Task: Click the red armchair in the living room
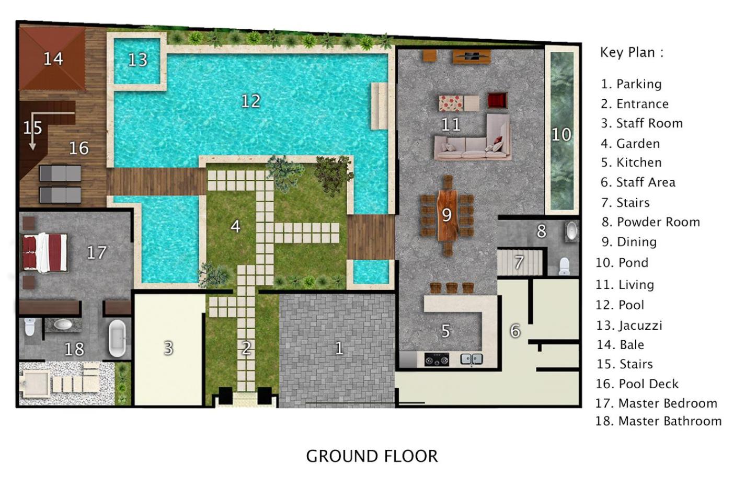(498, 100)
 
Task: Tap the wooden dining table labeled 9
(448, 215)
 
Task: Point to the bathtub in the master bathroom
(118, 339)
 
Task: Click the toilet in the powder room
(565, 266)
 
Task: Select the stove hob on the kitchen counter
(437, 359)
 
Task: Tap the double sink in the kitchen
(471, 359)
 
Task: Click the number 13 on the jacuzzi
(137, 60)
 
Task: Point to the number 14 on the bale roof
(53, 59)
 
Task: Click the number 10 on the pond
(561, 135)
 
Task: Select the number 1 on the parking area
(339, 349)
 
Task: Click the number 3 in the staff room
(169, 349)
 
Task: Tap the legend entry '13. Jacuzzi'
(629, 326)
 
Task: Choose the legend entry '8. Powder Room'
(651, 222)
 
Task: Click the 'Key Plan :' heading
(632, 53)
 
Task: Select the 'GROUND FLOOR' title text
(372, 456)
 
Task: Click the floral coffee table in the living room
(451, 103)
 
